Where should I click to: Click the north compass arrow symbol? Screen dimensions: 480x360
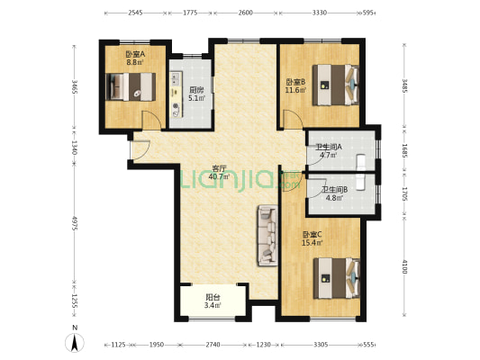coord(75,343)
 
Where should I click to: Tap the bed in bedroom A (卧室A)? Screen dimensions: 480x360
coord(131,86)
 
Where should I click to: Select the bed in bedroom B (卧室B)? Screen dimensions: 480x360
coord(336,85)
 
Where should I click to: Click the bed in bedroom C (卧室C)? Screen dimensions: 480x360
coord(337,278)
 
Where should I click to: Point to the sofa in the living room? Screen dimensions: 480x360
coord(267,235)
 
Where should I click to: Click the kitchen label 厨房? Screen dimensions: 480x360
coord(196,90)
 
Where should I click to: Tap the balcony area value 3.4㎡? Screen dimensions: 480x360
coord(213,305)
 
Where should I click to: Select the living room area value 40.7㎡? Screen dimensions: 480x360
coord(219,176)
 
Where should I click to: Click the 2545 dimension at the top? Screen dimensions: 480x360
coord(135,13)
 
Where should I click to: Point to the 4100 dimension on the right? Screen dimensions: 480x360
coord(405,266)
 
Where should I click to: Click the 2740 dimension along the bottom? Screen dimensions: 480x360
coord(213,345)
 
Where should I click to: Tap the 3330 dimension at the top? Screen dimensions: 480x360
coord(320,13)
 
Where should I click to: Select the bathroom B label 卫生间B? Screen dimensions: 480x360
coord(334,190)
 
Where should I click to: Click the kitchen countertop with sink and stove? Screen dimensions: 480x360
coord(176,94)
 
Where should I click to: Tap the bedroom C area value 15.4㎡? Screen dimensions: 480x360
coord(312,243)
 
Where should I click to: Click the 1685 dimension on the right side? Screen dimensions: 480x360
coord(405,151)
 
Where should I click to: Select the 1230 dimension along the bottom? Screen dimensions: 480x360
coord(263,345)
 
